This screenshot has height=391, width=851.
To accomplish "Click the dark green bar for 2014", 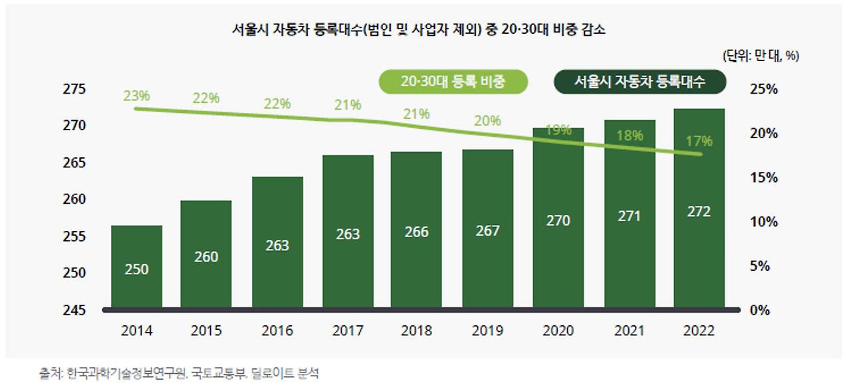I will point(136,266).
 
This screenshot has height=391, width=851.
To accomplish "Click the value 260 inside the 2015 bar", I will point(206,256).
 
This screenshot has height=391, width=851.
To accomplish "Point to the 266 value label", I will point(417,232).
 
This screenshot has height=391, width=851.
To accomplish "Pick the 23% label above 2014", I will point(136,96).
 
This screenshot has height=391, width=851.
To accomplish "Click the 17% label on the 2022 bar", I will point(699,141).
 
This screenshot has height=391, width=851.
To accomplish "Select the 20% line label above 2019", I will point(488,121).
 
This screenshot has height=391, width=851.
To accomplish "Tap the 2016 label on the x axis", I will point(277,331).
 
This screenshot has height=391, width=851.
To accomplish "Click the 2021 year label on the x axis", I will point(629,331).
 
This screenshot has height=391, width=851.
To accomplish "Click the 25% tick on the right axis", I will point(765,89).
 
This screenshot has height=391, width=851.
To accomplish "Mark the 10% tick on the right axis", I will point(765,222).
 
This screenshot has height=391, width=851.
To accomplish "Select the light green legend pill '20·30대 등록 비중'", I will point(453,82).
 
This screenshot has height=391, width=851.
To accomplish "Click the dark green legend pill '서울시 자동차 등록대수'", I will point(640,82).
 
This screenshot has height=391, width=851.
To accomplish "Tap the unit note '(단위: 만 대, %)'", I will point(761,56).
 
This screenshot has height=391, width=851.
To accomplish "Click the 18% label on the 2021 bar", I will point(629,135).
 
